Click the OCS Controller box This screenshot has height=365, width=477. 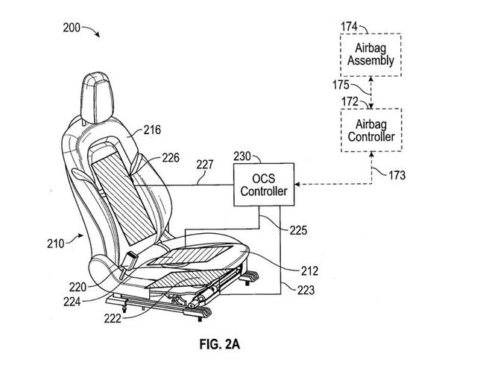264,187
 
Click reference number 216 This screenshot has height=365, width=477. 152,130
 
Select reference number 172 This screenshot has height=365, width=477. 349,99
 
